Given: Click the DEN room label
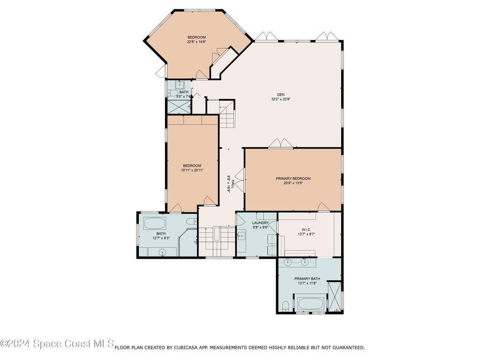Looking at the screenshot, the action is (x=280, y=95).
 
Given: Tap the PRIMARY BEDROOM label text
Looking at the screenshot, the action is (x=293, y=179).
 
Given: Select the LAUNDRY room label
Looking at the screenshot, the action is (x=260, y=223).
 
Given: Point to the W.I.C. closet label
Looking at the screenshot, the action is (x=306, y=229).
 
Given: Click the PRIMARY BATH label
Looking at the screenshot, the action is (x=307, y=278).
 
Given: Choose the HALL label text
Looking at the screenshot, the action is (x=233, y=184).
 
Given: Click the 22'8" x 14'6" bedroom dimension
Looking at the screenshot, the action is (x=196, y=42).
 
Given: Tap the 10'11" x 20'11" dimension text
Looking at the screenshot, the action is (x=192, y=170).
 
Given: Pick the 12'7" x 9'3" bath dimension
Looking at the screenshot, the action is (x=161, y=238).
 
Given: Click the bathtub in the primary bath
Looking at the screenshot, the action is (x=310, y=304).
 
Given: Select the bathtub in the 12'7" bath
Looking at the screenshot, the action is (x=155, y=224).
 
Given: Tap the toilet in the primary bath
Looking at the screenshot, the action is (x=285, y=306).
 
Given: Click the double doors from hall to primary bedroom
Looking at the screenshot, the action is (x=240, y=180).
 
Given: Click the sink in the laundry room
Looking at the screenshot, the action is (x=241, y=235).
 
